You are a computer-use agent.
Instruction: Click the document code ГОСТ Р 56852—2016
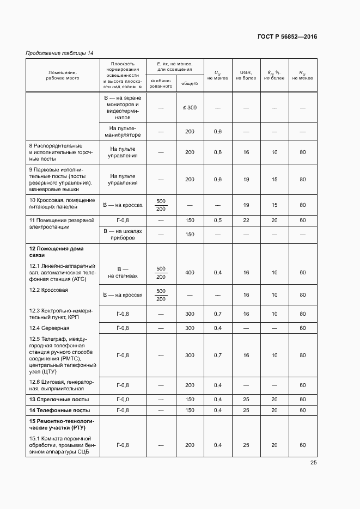click(x=287, y=37)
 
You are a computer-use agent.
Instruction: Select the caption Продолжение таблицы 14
click(x=60, y=53)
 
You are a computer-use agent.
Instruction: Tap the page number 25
click(x=314, y=463)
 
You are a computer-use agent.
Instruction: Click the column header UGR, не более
click(x=246, y=75)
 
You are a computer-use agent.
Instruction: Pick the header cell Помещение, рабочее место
click(x=63, y=75)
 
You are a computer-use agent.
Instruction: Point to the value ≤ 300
click(x=190, y=108)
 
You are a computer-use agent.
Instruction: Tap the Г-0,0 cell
click(x=123, y=400)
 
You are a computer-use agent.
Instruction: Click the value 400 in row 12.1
click(x=190, y=272)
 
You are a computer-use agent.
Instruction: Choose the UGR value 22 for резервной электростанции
click(x=246, y=220)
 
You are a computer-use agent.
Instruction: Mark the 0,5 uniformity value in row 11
click(x=218, y=220)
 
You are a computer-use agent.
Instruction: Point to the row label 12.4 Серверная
click(x=49, y=328)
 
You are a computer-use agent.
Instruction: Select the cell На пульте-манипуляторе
click(x=123, y=131)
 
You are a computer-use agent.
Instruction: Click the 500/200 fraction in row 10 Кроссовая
click(x=161, y=205)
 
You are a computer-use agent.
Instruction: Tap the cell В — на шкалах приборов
click(x=123, y=234)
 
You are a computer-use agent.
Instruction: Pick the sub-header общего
click(x=190, y=83)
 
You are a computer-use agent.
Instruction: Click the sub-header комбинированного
click(x=161, y=83)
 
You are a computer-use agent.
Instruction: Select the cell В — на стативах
click(x=123, y=272)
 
